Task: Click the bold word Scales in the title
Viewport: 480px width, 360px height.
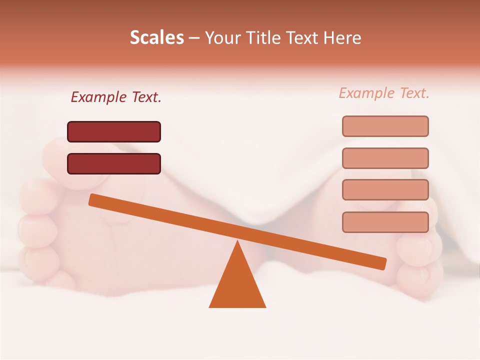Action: click(x=156, y=38)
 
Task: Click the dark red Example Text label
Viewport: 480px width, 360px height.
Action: click(x=116, y=97)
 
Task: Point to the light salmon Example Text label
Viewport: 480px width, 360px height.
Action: click(x=384, y=93)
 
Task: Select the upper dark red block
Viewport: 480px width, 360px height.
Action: click(x=114, y=131)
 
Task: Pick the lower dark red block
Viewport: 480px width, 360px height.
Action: click(x=114, y=163)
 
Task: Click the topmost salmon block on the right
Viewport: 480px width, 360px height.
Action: click(x=385, y=126)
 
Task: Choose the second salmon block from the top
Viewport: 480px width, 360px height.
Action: click(x=385, y=158)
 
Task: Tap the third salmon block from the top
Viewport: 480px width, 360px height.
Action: click(x=385, y=190)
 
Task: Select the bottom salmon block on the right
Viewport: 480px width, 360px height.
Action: click(x=385, y=222)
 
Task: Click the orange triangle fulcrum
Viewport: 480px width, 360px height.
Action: click(x=237, y=282)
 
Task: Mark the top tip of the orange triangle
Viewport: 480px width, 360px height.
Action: click(x=237, y=241)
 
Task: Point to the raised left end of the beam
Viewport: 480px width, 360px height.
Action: click(x=93, y=199)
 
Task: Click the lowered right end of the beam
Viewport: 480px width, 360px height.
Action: click(x=382, y=263)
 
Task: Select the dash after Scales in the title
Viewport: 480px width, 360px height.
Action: click(x=194, y=38)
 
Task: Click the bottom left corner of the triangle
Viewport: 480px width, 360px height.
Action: click(x=209, y=306)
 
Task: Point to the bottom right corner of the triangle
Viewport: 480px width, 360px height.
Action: click(x=265, y=306)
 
